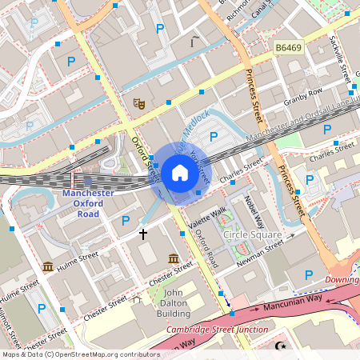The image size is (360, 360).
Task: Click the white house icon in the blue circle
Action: pyautogui.click(x=180, y=172)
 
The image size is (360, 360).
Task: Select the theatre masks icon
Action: pyautogui.click(x=138, y=103)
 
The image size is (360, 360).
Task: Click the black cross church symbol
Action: pyautogui.click(x=144, y=234)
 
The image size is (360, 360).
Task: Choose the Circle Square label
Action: pyautogui.click(x=252, y=235)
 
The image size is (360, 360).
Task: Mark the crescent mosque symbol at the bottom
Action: pyautogui.click(x=281, y=346)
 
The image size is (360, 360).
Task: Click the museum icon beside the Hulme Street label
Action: pyautogui.click(x=47, y=266)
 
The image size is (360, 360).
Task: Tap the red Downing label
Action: pyautogui.click(x=342, y=280)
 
